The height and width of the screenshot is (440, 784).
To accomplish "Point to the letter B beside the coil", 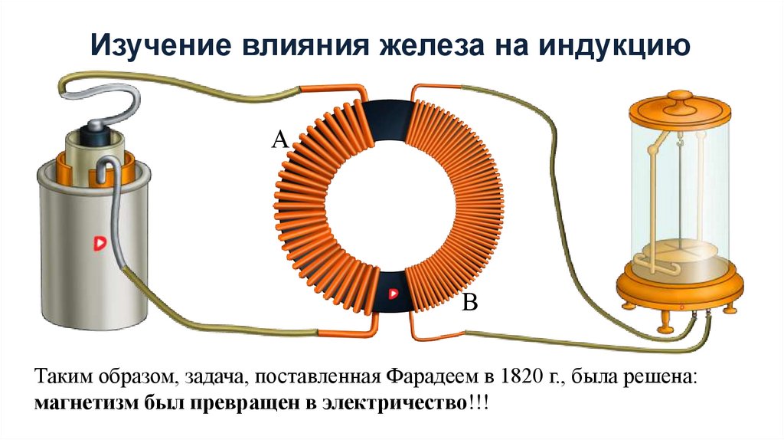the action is pos(469,304).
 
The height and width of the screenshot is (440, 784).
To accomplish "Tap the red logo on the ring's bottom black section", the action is pos(393,293).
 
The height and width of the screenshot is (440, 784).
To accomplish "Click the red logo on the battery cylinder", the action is pos(98,243).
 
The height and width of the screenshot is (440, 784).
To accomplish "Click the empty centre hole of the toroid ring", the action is pos(392,207).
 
